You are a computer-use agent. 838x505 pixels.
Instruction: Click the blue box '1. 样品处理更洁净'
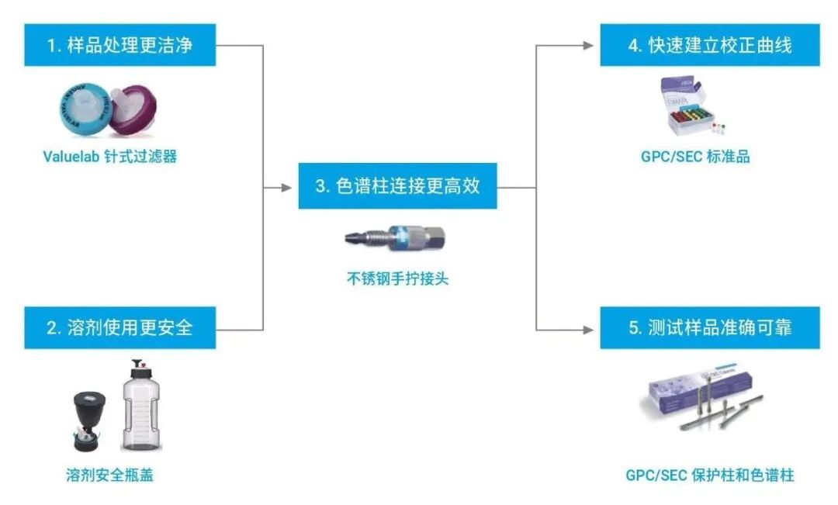119,45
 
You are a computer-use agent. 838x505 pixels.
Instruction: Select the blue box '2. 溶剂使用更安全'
119,327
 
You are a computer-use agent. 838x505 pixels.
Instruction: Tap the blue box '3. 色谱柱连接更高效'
397,187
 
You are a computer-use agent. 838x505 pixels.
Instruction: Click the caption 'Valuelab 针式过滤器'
109,157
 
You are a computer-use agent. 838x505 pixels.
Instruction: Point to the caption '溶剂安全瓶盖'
109,475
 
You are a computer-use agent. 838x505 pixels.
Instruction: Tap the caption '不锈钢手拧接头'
397,278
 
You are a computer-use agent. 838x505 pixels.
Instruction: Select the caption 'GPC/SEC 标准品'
695,157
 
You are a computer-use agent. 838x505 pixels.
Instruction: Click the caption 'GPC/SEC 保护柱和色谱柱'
710,475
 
